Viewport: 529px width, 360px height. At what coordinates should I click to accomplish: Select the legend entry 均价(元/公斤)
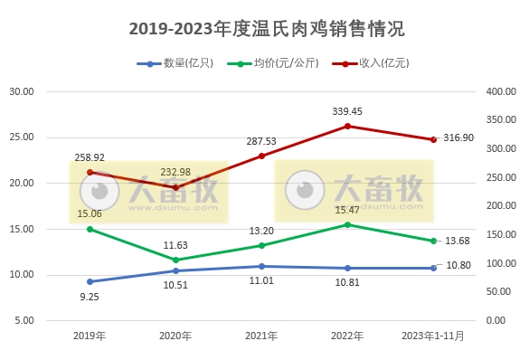point(276,63)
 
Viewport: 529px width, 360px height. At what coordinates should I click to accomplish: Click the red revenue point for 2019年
point(90,172)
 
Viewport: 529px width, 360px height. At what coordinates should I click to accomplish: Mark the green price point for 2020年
point(175,260)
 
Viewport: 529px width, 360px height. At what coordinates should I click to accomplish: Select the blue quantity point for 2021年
point(261,266)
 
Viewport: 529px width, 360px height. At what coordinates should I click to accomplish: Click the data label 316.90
point(460,137)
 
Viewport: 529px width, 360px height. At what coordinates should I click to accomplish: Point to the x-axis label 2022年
point(347,336)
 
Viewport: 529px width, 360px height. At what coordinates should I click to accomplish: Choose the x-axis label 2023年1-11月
point(433,336)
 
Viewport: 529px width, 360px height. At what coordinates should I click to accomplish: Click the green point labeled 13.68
point(433,241)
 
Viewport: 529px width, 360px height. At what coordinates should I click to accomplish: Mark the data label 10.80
point(460,264)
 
